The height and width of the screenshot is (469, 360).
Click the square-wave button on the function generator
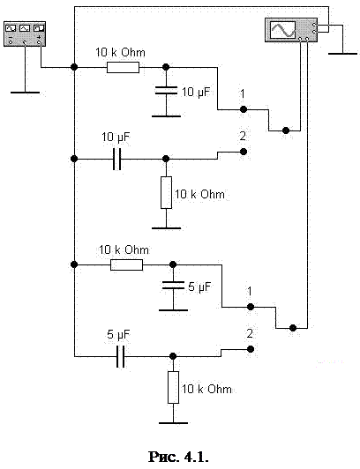tap(39, 28)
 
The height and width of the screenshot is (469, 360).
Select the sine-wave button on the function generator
tap(11, 28)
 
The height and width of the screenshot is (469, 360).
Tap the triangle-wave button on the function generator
tap(25, 28)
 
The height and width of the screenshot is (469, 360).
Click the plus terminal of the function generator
tap(39, 42)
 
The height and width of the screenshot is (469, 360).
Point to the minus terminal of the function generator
tap(11, 42)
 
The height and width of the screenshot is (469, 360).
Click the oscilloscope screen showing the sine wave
tap(282, 30)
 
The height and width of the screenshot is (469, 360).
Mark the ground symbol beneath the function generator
tap(25, 93)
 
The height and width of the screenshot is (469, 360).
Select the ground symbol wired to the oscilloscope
tap(342, 54)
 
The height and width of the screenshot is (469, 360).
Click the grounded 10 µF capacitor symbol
tap(166, 90)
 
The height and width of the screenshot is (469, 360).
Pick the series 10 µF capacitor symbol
tap(117, 159)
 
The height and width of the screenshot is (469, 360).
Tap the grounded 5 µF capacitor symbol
tap(173, 286)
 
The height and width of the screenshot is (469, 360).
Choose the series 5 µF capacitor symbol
tap(120, 356)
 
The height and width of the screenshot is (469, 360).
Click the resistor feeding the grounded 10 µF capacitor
tap(123, 68)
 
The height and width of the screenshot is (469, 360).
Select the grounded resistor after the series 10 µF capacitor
tap(166, 192)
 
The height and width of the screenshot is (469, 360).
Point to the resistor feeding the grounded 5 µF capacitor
tap(126, 265)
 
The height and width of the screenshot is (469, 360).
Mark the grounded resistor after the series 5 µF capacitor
tap(173, 387)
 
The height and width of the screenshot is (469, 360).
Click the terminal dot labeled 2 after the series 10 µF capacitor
tap(244, 152)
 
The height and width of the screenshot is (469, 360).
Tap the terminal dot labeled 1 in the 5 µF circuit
tap(251, 307)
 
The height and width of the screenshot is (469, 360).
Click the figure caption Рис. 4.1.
tap(178, 457)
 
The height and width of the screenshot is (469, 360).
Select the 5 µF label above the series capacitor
tap(118, 335)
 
